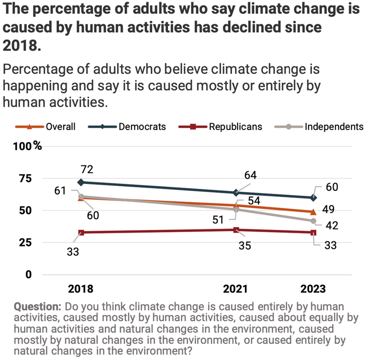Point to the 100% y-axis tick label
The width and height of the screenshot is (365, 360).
[28, 146]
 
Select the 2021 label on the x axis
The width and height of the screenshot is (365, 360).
[235, 289]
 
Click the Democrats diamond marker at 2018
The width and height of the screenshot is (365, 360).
[81, 182]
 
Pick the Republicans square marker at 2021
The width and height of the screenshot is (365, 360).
[236, 230]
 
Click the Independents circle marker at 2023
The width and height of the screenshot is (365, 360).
[313, 221]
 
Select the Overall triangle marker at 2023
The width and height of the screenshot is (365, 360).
[313, 212]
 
